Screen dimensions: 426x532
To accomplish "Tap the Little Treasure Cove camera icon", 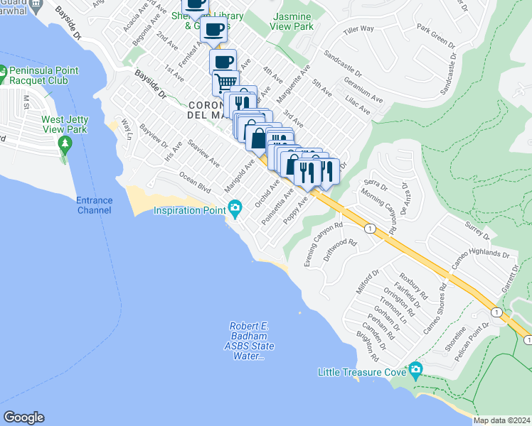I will click(x=415, y=370).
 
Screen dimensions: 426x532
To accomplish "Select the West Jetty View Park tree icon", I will click(x=65, y=145).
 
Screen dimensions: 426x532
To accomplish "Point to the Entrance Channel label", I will click(x=95, y=205).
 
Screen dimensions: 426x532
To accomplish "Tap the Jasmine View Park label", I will click(x=292, y=21).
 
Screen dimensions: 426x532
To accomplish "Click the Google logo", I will click(x=23, y=417).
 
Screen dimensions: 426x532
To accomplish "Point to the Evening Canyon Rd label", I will click(x=319, y=245).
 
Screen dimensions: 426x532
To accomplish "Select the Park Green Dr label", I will click(x=435, y=36).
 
